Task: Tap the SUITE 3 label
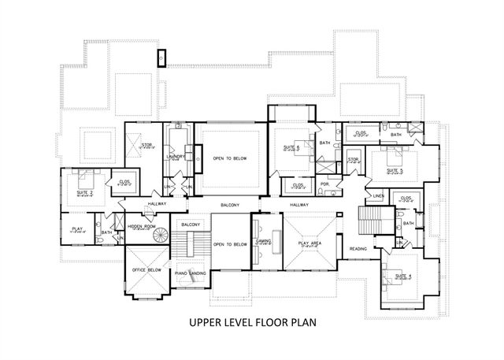pos(395,170)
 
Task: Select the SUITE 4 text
pos(403,276)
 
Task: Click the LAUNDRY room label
pos(176,156)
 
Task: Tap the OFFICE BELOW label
pos(142,269)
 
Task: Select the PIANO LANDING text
pos(191,273)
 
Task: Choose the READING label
pos(359,249)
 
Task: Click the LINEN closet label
pos(378,195)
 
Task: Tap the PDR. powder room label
pos(324,184)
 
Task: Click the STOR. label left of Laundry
pos(146,145)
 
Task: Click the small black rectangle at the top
pos(161,58)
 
